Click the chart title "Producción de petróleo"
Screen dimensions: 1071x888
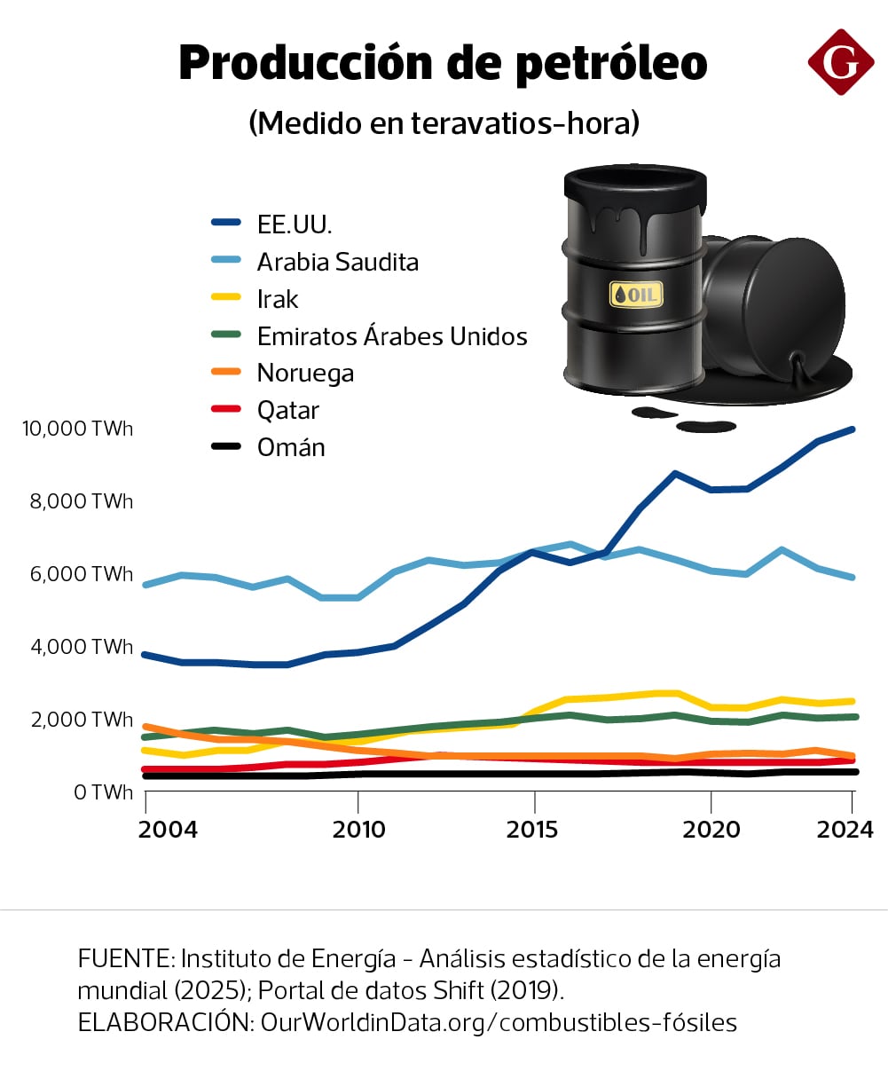[443, 64]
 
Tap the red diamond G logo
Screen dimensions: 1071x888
[840, 61]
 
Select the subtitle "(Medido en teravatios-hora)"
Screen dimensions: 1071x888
[444, 122]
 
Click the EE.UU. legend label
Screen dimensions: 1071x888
[295, 224]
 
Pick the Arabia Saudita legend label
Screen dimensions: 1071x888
[337, 262]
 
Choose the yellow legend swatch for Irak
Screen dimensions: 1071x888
[226, 299]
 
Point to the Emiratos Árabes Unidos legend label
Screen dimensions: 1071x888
[392, 336]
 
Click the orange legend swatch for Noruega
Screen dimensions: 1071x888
[226, 374]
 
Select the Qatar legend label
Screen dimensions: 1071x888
[287, 410]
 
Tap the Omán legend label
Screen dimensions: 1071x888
[291, 447]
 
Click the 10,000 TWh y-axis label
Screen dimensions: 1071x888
[77, 429]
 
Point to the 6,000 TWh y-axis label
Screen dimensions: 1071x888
[82, 574]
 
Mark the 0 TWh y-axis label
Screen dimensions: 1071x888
[103, 792]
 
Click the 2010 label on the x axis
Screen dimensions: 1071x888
[358, 830]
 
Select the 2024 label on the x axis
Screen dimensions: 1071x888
[845, 830]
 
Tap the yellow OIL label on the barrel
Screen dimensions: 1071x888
[635, 294]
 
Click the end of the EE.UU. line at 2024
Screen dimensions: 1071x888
[852, 429]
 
